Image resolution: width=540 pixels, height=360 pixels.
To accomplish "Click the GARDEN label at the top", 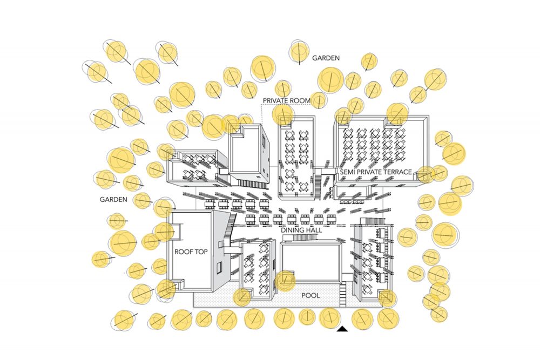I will tap(326, 57).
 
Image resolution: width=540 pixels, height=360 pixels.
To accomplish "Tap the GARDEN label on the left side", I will tap(113, 200).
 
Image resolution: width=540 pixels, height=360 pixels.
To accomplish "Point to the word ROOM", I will tap(300, 101).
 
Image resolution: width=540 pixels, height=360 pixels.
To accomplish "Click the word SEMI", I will tap(347, 172).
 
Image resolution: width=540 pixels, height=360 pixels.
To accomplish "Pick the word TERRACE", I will tap(397, 172).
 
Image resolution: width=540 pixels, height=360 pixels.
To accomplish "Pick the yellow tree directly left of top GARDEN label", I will tap(299, 52).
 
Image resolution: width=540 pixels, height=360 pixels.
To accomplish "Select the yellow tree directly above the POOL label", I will tap(285, 281).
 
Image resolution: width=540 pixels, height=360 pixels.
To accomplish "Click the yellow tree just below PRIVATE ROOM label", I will tap(283, 114).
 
